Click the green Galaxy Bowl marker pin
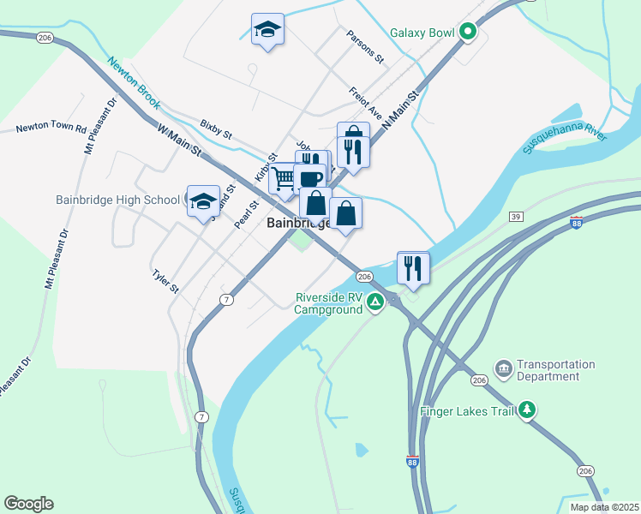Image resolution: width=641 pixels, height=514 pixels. (467, 33)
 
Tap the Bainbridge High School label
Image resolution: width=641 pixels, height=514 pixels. (117, 200)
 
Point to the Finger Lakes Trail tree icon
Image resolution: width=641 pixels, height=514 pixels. (529, 410)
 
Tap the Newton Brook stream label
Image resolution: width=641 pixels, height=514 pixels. (134, 82)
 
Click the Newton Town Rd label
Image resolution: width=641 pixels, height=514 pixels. (51, 129)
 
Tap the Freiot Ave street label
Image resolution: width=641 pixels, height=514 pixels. (365, 102)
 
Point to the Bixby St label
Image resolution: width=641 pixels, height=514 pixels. (216, 129)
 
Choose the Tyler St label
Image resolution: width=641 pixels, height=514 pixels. (165, 282)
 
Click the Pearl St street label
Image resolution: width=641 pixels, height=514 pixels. (246, 215)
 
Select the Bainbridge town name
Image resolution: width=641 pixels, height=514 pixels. (296, 223)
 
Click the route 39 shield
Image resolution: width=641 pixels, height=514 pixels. (515, 216)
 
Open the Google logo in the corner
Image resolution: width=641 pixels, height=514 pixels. (28, 504)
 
